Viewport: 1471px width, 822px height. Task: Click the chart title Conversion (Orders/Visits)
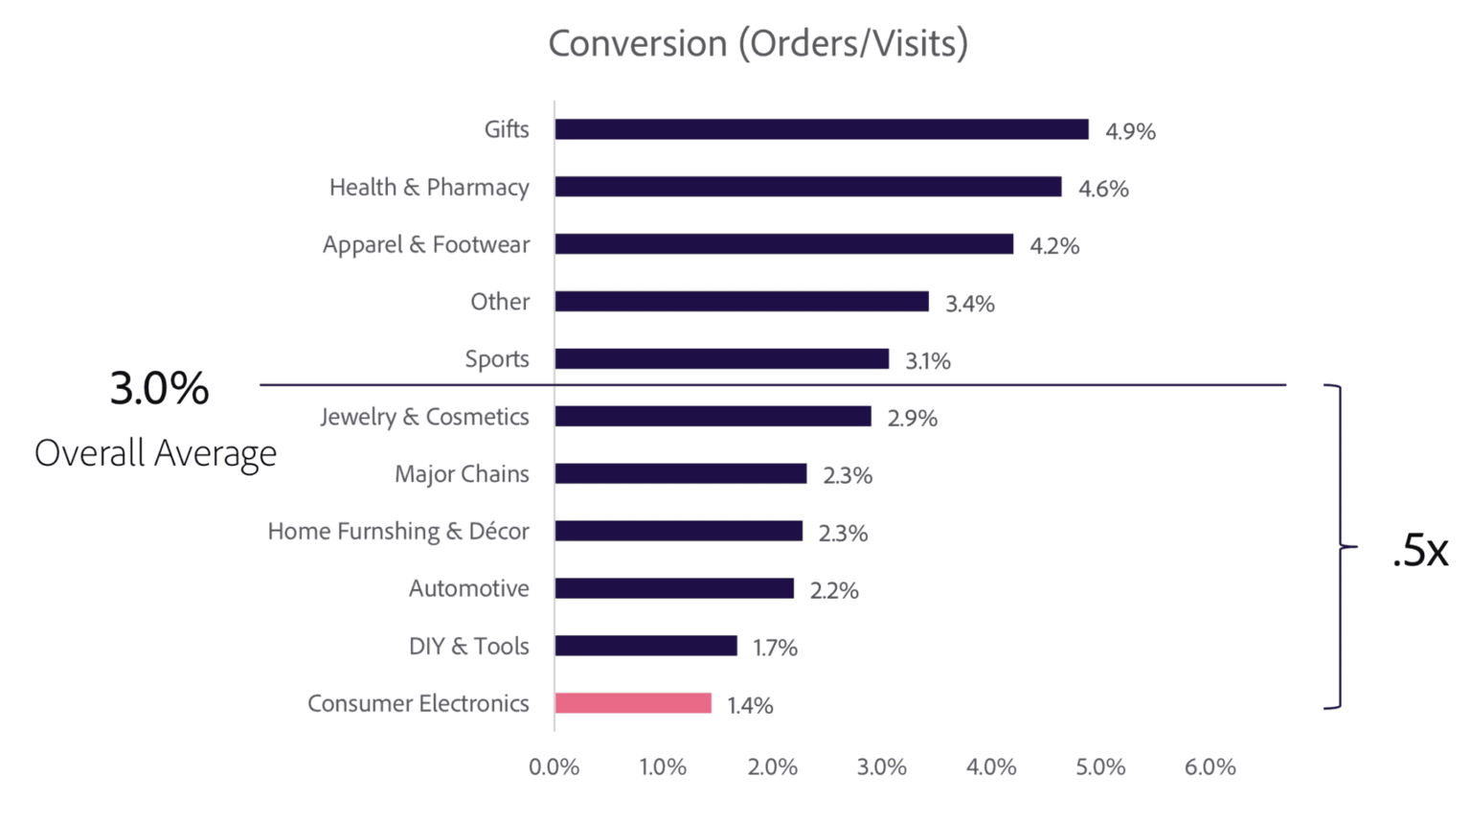pyautogui.click(x=758, y=44)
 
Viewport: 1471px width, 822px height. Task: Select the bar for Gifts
pyautogui.click(x=821, y=129)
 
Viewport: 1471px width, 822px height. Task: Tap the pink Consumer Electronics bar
pyautogui.click(x=633, y=703)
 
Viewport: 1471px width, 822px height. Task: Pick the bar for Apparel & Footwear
pyautogui.click(x=783, y=244)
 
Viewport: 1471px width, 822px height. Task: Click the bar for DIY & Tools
pyautogui.click(x=645, y=646)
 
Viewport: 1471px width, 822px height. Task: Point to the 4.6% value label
pyautogui.click(x=1103, y=189)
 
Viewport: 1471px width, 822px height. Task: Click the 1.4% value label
pyautogui.click(x=750, y=705)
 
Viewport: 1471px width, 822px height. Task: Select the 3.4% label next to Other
pyautogui.click(x=969, y=304)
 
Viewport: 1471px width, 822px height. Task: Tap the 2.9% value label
pyautogui.click(x=912, y=418)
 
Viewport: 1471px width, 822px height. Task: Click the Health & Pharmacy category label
pyautogui.click(x=429, y=187)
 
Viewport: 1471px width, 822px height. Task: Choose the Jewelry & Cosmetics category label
pyautogui.click(x=424, y=417)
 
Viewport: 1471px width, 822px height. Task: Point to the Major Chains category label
pyautogui.click(x=462, y=474)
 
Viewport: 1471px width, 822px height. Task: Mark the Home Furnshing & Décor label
pyautogui.click(x=397, y=532)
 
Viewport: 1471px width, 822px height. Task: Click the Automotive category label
pyautogui.click(x=468, y=588)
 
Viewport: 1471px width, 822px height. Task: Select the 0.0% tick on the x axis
pyautogui.click(x=554, y=767)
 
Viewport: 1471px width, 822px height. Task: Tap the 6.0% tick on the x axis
pyautogui.click(x=1210, y=767)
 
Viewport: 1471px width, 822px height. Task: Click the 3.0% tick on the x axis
pyautogui.click(x=881, y=767)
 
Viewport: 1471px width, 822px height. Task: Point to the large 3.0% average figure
pyautogui.click(x=159, y=389)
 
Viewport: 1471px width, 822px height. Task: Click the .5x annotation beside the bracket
pyautogui.click(x=1419, y=551)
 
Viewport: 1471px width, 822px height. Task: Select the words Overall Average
pyautogui.click(x=155, y=453)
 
